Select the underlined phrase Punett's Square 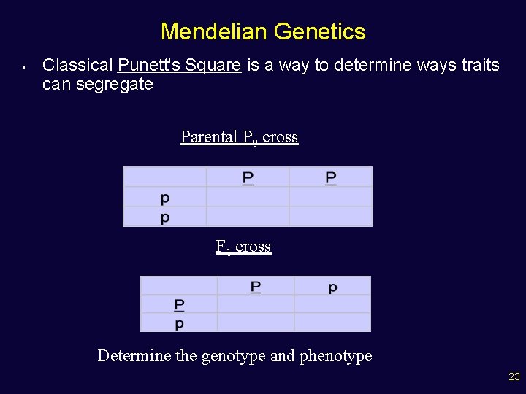coord(179,65)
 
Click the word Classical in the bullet coord(77,65)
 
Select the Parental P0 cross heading coord(239,137)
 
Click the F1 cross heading coord(243,247)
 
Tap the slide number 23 coord(514,377)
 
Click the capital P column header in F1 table coord(255,287)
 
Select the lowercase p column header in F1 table coord(332,287)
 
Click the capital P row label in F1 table coord(179,304)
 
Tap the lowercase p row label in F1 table coord(179,323)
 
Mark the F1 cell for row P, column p coord(332,304)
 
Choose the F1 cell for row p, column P coord(255,322)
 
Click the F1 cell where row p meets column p coord(332,322)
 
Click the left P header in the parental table coord(248,178)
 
